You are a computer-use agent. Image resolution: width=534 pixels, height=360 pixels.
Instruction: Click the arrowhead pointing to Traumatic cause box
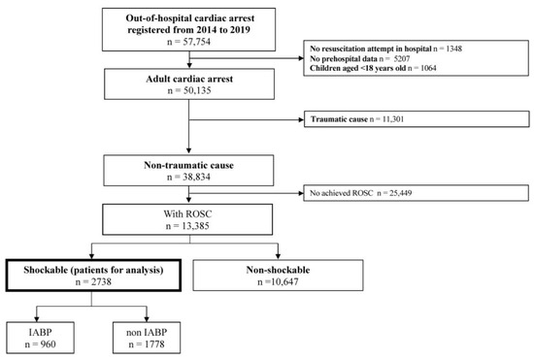pos(301,147)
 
